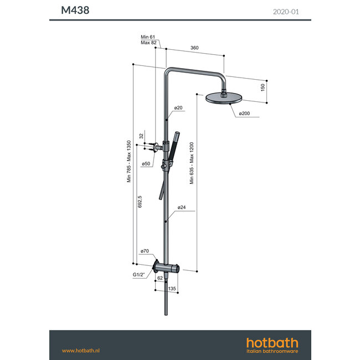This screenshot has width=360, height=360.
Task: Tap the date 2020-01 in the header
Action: click(287, 11)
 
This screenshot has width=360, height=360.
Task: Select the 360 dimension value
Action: click(194, 48)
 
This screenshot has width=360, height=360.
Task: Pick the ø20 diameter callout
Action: click(178, 107)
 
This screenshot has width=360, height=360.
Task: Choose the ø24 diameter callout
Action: click(181, 208)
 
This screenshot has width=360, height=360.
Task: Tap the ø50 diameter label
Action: click(146, 164)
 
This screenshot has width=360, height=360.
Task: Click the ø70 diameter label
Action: click(145, 251)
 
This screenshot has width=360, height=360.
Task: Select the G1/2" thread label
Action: click(138, 275)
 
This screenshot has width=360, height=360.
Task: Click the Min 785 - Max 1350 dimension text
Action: click(128, 161)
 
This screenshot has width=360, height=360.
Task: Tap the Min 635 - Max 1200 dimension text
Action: click(192, 163)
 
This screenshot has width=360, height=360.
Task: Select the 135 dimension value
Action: click(172, 289)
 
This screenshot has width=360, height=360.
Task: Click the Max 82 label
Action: click(148, 43)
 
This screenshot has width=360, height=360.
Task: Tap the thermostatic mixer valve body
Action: click(167, 269)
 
